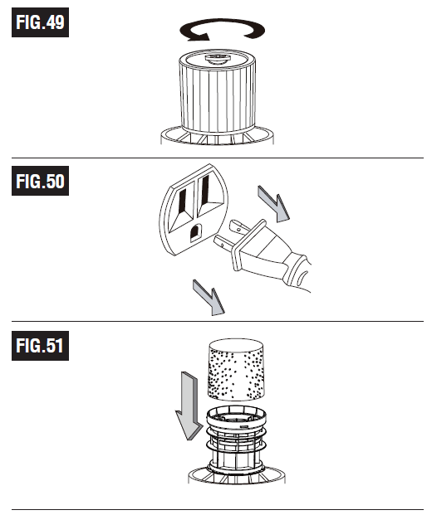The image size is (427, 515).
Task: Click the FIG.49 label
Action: click(x=40, y=22)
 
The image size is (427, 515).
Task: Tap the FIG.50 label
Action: click(x=40, y=181)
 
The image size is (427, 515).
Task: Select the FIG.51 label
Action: click(x=40, y=346)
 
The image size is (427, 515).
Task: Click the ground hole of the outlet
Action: click(x=194, y=233)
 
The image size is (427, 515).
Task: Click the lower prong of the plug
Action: click(x=224, y=243)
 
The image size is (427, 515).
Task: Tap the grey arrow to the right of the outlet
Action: click(x=273, y=204)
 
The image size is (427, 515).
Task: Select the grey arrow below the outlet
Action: click(x=209, y=298)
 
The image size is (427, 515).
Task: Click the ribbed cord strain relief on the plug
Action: click(x=297, y=270)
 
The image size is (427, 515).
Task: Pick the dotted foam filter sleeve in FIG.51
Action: click(x=236, y=370)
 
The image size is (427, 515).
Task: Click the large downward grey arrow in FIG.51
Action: click(x=189, y=406)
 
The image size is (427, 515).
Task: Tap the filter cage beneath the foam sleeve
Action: click(x=236, y=440)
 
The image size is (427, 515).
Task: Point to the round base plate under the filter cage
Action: click(x=237, y=476)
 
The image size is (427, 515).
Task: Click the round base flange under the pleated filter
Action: click(x=217, y=135)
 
